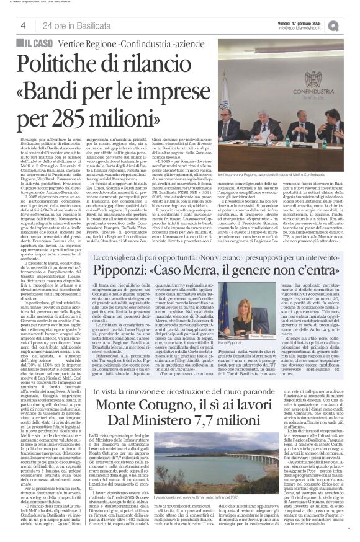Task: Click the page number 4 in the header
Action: pos(22,25)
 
